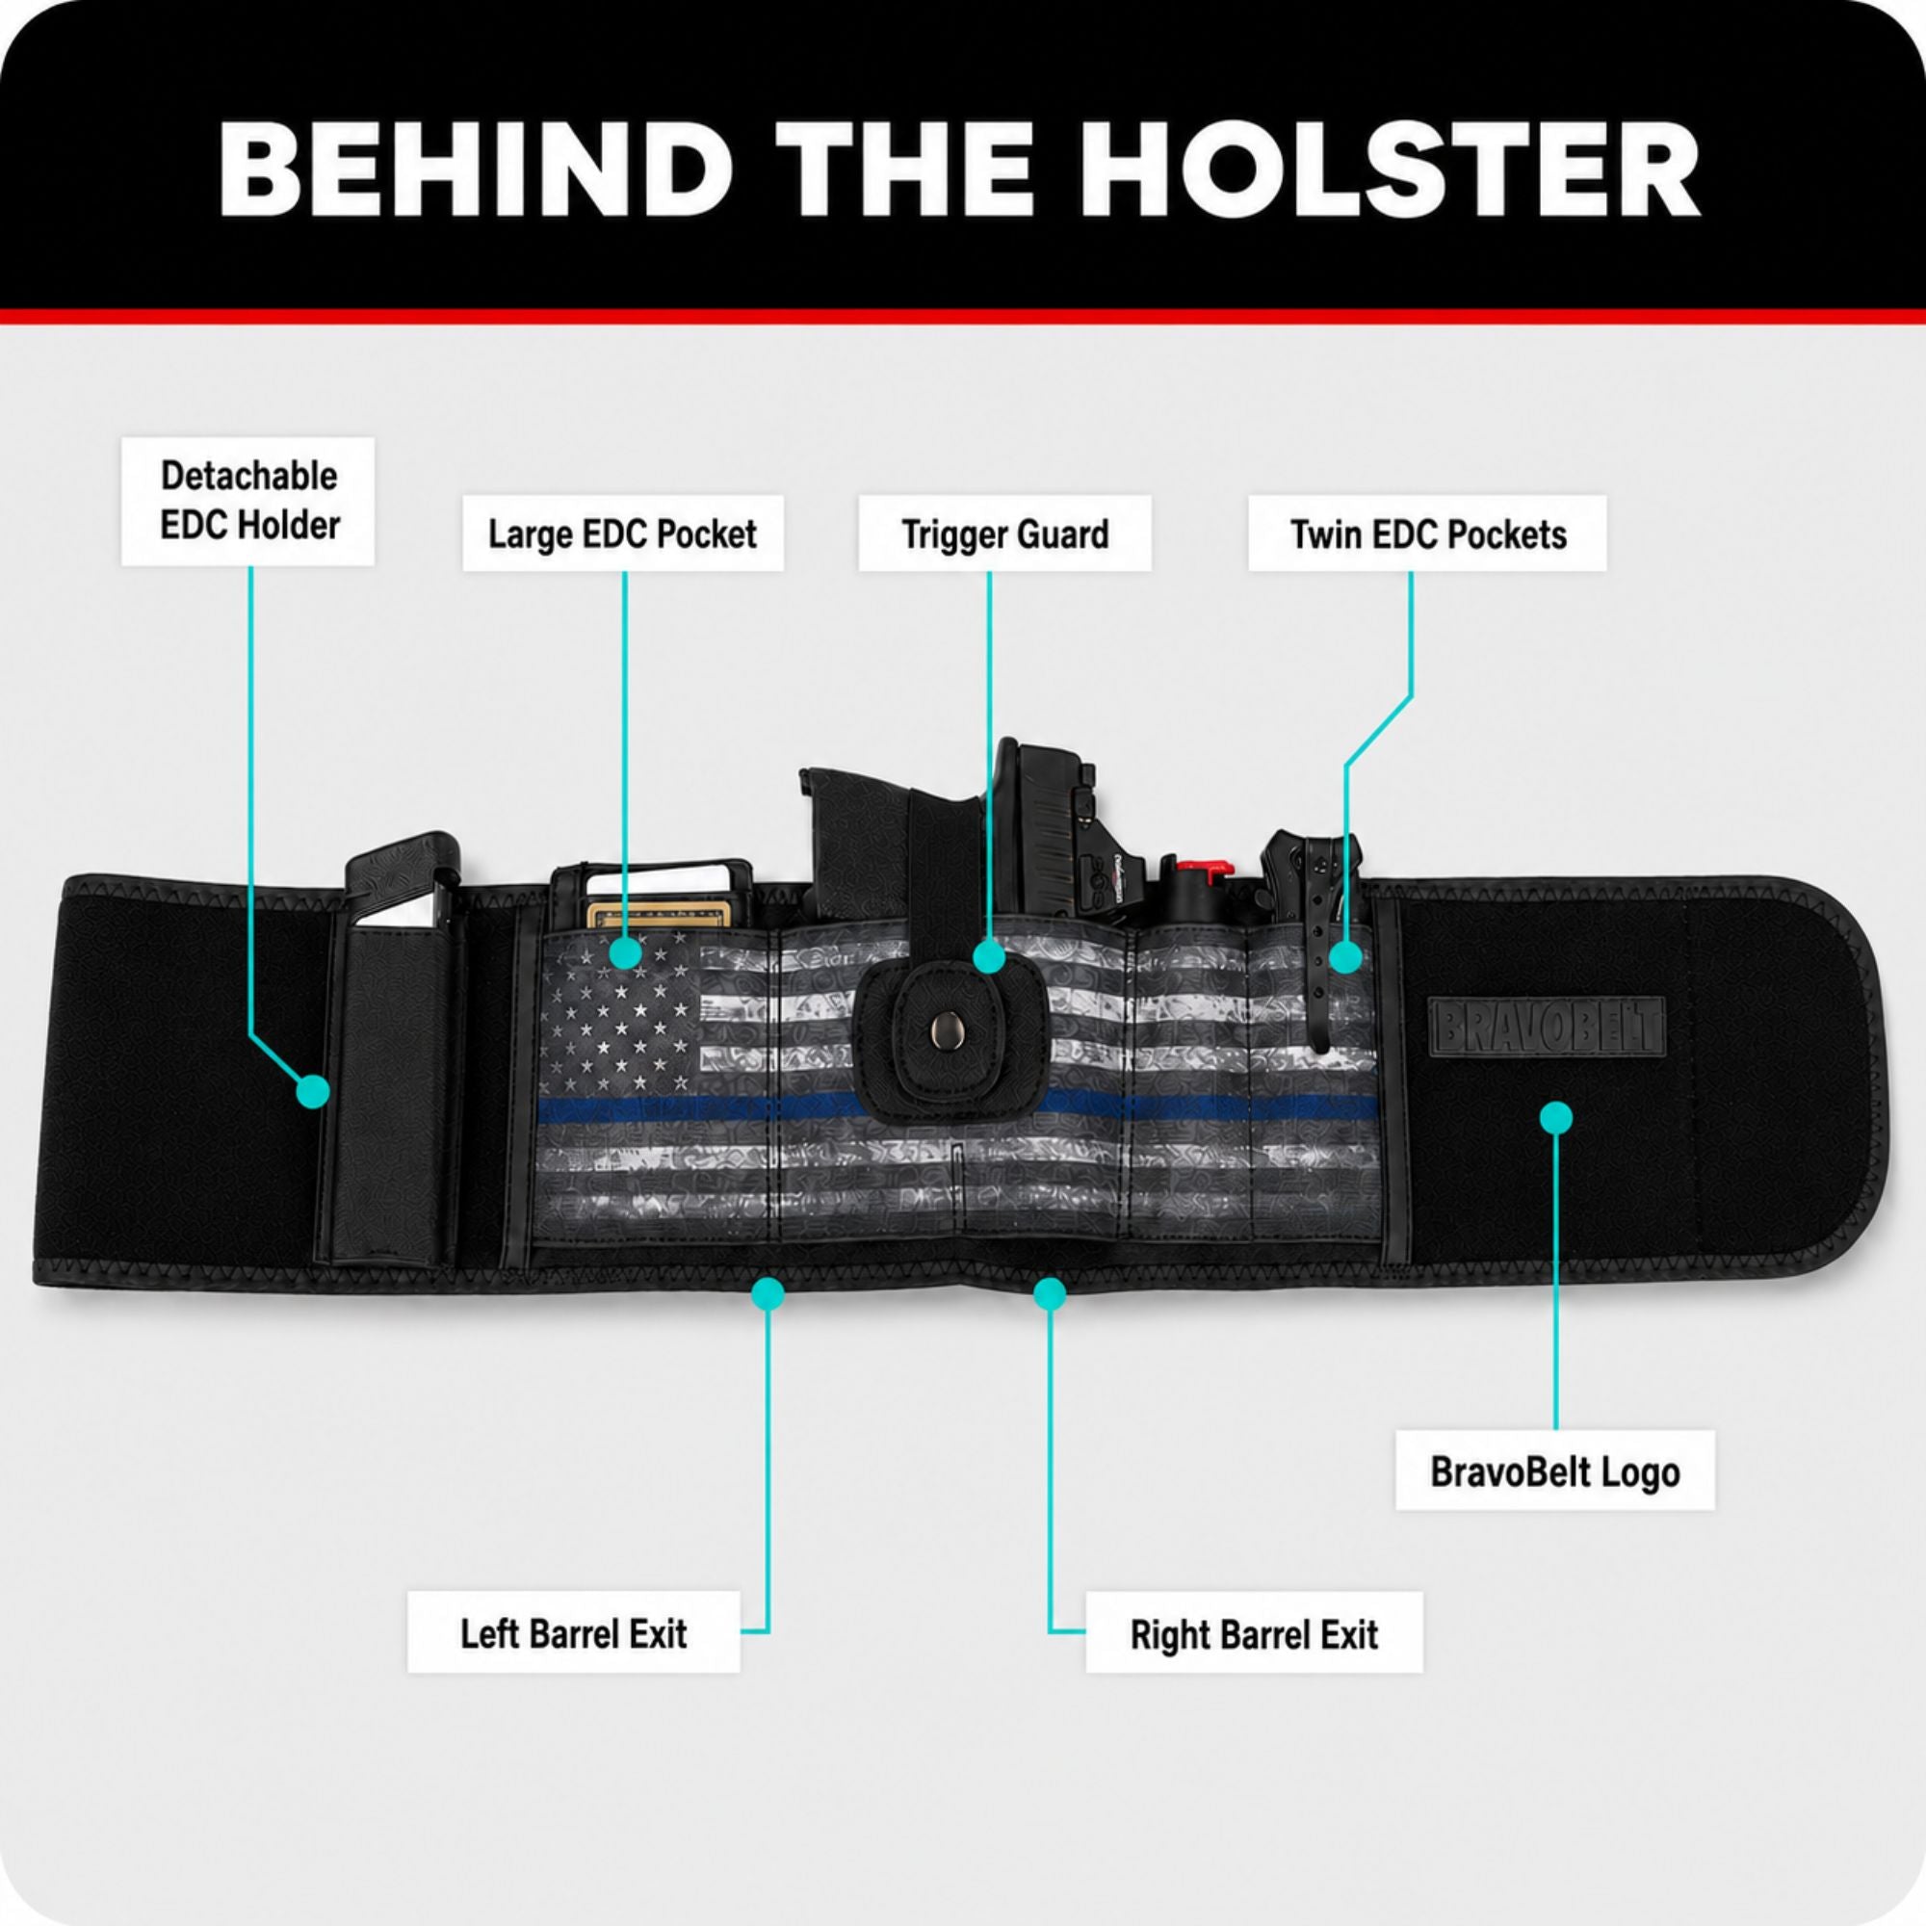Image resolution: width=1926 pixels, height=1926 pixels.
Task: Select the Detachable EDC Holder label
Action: tap(248, 501)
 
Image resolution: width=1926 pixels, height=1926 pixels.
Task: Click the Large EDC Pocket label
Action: tap(623, 534)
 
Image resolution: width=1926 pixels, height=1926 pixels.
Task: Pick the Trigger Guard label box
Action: tap(1004, 534)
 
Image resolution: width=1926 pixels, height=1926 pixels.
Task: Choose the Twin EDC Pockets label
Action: tap(1427, 534)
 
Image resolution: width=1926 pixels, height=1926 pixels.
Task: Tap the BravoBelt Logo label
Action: tap(1555, 1471)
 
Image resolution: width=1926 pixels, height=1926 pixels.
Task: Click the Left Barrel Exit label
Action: tap(573, 1632)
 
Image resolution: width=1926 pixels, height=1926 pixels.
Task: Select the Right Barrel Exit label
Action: tap(1254, 1633)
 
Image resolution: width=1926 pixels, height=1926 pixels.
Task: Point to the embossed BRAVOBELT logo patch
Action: tap(1548, 1026)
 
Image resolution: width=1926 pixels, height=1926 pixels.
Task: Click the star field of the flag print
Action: tap(620, 1015)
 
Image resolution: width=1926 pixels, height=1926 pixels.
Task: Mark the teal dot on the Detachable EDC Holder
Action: tap(313, 1091)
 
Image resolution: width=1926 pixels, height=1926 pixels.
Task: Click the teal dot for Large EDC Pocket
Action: tap(625, 952)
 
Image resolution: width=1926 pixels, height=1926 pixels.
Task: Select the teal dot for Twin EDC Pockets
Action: tap(1346, 958)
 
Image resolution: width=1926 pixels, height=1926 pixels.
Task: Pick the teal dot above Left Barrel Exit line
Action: tap(768, 1294)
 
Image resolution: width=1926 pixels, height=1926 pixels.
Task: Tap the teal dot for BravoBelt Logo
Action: tap(1556, 1117)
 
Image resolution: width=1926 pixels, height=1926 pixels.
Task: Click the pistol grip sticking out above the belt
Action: tap(877, 838)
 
